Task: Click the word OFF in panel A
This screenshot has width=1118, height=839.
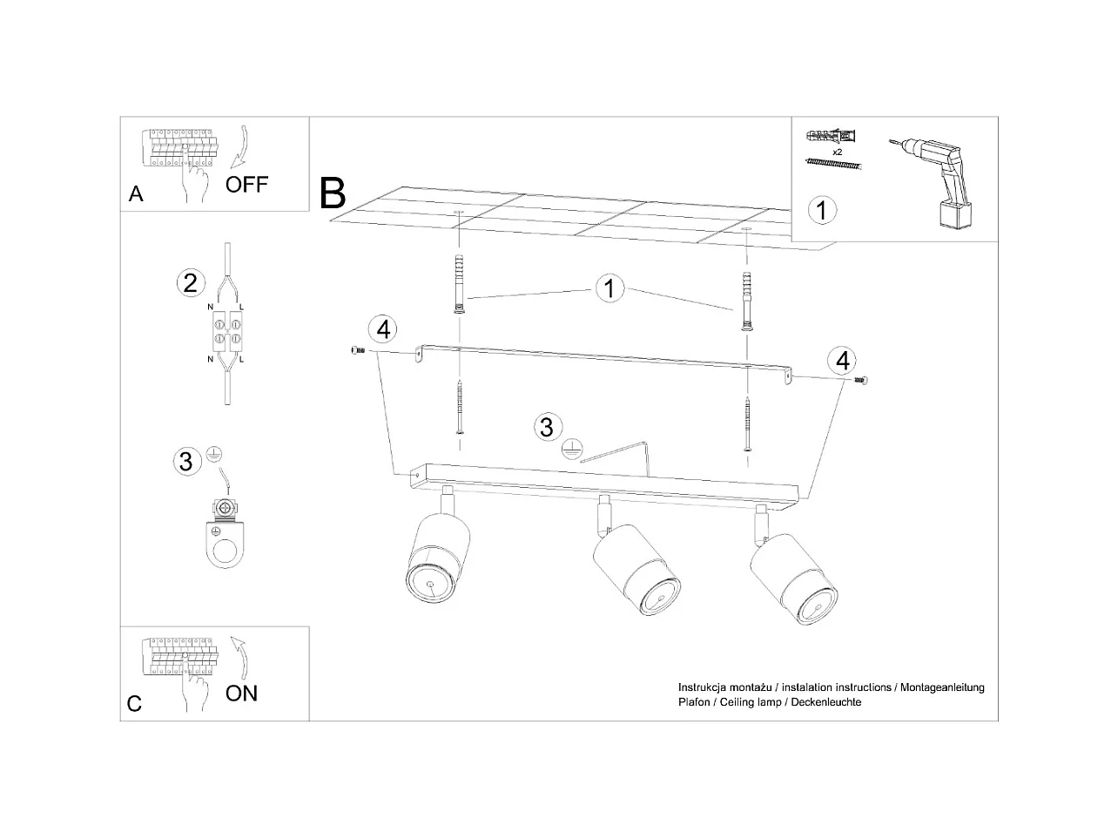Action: pyautogui.click(x=246, y=185)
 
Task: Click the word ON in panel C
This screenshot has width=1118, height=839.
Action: pyautogui.click(x=241, y=694)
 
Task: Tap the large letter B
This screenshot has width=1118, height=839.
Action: pyautogui.click(x=333, y=193)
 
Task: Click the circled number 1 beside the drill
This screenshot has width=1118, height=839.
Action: pyautogui.click(x=822, y=210)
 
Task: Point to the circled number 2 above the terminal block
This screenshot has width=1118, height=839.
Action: pyautogui.click(x=190, y=282)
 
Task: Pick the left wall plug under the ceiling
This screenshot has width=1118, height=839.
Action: pyautogui.click(x=458, y=283)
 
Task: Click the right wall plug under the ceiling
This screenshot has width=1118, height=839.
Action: pyautogui.click(x=745, y=301)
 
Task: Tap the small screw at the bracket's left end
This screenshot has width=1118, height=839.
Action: pyautogui.click(x=355, y=350)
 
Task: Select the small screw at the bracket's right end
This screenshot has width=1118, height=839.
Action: pyautogui.click(x=862, y=380)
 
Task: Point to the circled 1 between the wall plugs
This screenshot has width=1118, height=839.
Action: pyautogui.click(x=610, y=288)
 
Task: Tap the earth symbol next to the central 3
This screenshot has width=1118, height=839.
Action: pyautogui.click(x=570, y=449)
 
